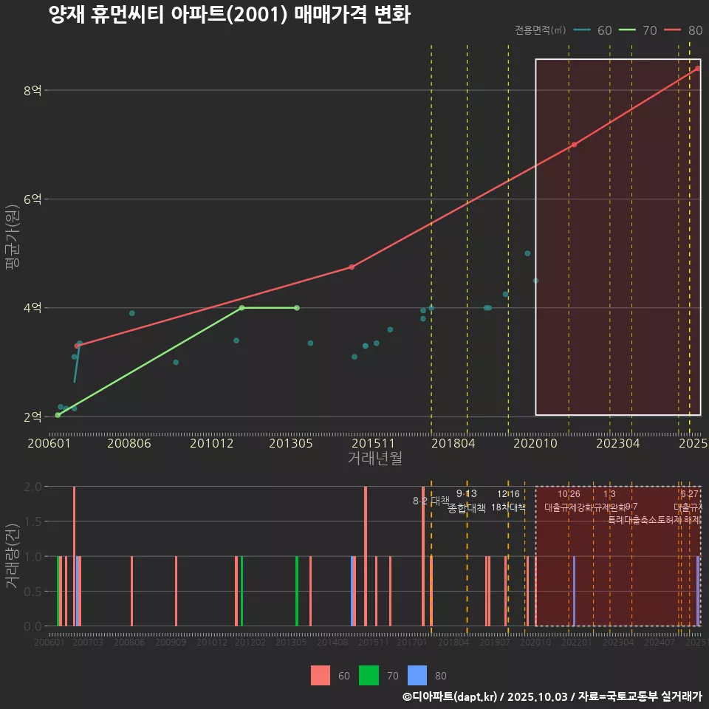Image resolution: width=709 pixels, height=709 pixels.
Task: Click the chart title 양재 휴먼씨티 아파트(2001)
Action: (x=229, y=15)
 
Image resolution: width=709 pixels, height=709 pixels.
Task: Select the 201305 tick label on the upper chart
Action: (x=290, y=443)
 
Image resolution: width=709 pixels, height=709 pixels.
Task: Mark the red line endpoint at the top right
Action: (x=697, y=69)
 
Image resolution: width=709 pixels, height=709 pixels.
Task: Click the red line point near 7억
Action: (x=574, y=145)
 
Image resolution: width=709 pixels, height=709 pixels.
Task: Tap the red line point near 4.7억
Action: (x=352, y=267)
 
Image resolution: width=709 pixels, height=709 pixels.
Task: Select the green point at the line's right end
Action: (x=296, y=308)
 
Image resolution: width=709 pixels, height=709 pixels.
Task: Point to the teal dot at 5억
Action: (x=527, y=253)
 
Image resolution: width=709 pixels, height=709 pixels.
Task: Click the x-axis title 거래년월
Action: (x=374, y=459)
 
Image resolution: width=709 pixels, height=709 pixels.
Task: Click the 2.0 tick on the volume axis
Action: (x=33, y=487)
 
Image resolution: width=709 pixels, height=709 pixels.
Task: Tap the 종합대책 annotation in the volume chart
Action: (x=467, y=508)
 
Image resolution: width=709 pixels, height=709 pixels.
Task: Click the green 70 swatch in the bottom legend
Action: (x=369, y=675)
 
